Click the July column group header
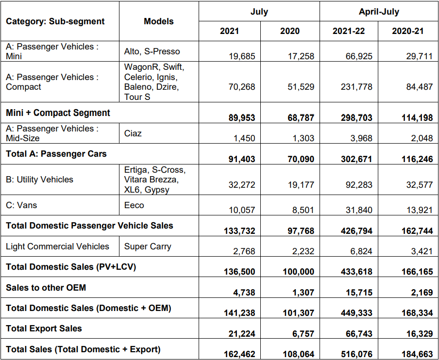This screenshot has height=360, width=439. click(x=259, y=12)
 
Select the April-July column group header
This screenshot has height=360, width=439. click(x=379, y=12)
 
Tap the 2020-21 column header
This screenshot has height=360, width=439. click(x=407, y=31)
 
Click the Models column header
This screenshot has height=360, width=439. click(x=158, y=21)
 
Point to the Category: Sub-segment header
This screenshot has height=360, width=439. click(x=55, y=21)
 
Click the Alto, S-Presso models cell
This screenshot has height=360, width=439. click(x=152, y=51)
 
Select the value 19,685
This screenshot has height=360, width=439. click(x=241, y=56)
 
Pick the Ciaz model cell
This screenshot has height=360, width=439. click(x=133, y=133)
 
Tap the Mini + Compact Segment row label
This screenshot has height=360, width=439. click(x=58, y=113)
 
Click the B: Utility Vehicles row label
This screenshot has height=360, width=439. click(x=39, y=180)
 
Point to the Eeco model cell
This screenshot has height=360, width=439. click(x=134, y=205)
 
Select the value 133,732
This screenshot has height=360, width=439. click(x=239, y=231)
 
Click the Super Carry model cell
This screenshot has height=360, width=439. click(x=148, y=246)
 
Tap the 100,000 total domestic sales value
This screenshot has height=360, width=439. click(x=298, y=272)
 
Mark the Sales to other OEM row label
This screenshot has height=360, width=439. click(x=46, y=288)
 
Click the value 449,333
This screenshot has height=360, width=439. click(x=356, y=313)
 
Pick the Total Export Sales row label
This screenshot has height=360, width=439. click(x=44, y=328)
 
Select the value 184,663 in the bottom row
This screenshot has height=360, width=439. click(x=416, y=354)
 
